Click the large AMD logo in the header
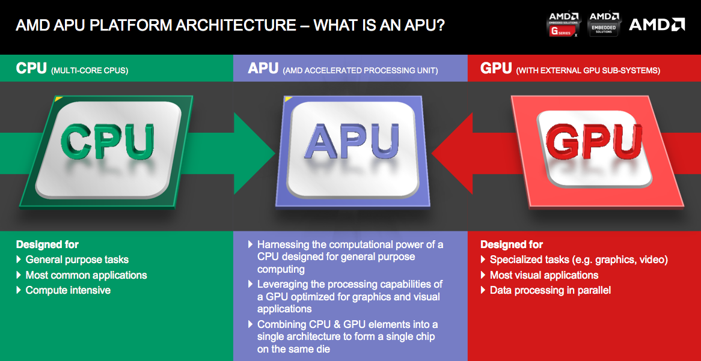657,25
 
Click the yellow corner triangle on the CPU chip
58,99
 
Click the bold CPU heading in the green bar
31,68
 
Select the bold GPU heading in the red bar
496,68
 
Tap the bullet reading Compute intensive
68,290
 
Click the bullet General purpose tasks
77,259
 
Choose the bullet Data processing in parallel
550,290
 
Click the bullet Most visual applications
544,275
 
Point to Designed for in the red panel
512,244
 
